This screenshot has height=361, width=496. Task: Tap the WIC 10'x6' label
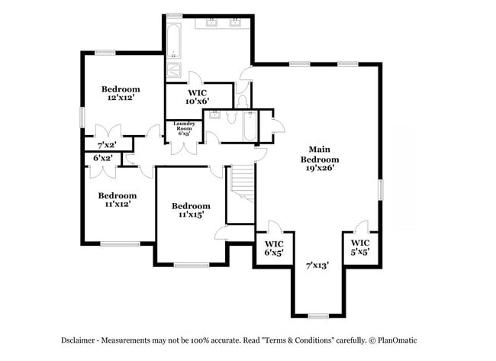tap(197, 96)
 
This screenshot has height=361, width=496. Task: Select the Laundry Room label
tap(185, 128)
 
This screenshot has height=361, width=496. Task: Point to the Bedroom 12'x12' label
tap(121, 93)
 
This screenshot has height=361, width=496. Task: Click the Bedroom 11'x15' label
tap(190, 210)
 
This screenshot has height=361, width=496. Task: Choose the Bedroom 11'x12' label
tap(117, 199)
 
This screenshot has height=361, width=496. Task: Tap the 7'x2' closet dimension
tap(107, 144)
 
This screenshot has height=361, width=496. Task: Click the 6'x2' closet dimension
tap(102, 158)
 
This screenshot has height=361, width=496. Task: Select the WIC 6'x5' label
tap(273, 247)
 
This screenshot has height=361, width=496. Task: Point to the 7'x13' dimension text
tap(317, 266)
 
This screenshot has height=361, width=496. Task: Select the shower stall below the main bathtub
tap(174, 70)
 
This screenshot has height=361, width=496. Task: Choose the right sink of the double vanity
tap(235, 23)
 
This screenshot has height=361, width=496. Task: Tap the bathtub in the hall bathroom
tap(249, 124)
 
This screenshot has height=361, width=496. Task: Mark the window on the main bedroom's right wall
tap(380, 189)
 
